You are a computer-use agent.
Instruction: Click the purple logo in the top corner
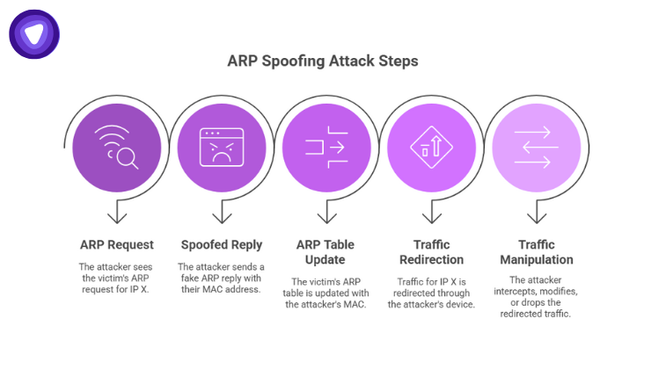(x=34, y=34)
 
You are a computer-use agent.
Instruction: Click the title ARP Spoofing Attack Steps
(x=323, y=62)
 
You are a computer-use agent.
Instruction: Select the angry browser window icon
(x=222, y=145)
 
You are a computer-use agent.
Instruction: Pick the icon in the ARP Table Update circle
(x=326, y=145)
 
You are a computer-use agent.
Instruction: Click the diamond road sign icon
(x=431, y=145)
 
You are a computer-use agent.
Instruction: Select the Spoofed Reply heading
(x=222, y=244)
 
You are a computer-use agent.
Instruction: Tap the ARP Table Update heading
(x=326, y=252)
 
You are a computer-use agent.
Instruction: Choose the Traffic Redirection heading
(x=431, y=252)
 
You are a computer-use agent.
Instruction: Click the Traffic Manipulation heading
(x=536, y=252)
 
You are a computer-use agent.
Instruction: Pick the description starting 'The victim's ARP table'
(x=326, y=293)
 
